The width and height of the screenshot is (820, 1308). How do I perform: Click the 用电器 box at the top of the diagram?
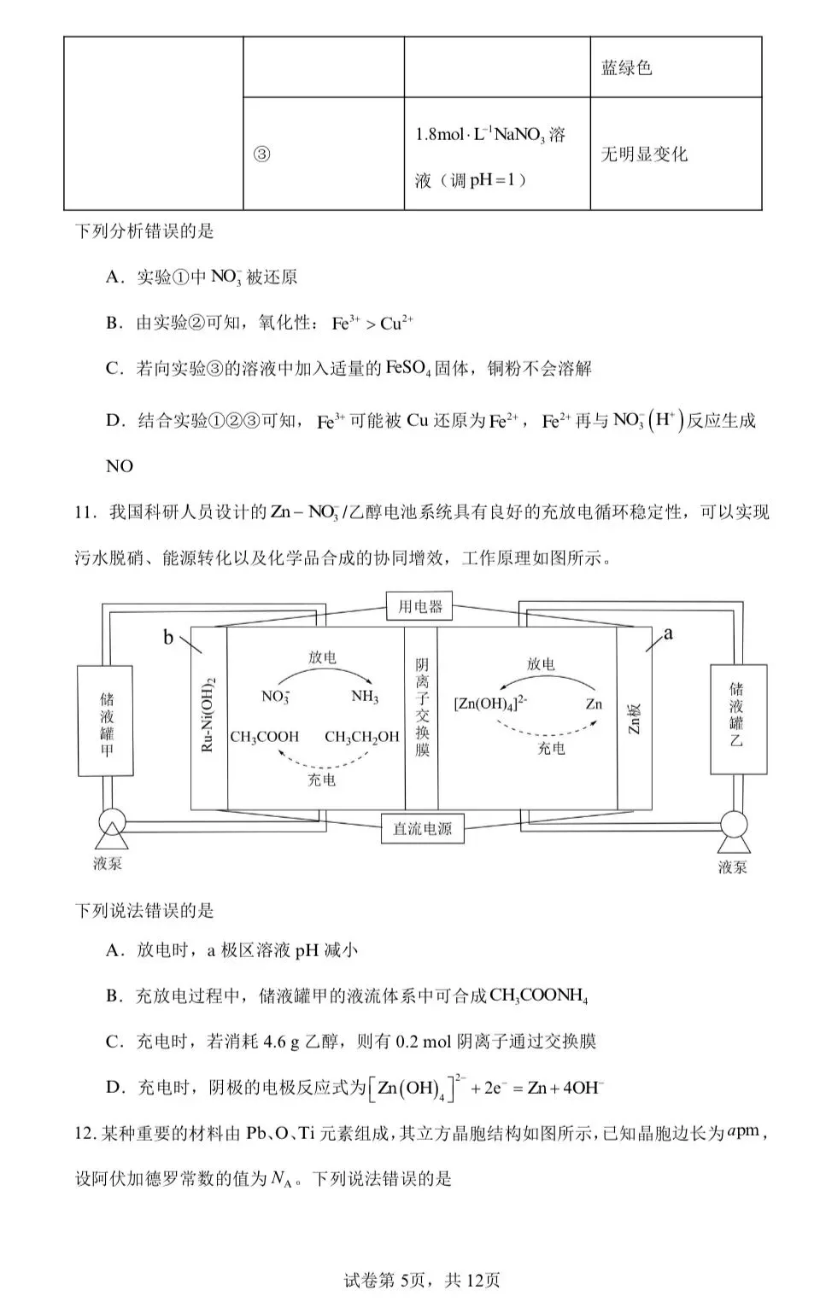[419, 607]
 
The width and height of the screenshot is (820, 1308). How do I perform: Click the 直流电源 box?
[422, 828]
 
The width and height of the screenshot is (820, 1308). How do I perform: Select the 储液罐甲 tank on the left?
[106, 721]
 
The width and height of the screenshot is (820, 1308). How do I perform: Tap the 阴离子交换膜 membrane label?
[422, 706]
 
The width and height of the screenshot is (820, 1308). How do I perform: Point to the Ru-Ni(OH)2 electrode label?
[208, 715]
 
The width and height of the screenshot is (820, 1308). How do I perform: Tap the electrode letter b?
[168, 638]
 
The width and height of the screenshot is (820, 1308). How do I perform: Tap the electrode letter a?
[668, 633]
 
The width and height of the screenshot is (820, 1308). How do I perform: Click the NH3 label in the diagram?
[365, 697]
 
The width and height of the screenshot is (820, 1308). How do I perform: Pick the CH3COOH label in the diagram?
[265, 737]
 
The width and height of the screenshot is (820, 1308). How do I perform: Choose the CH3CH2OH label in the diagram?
[362, 737]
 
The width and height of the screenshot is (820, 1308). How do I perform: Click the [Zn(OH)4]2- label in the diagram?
[490, 704]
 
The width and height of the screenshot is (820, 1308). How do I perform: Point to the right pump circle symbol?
[733, 826]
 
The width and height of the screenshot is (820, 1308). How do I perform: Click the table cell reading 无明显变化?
[644, 155]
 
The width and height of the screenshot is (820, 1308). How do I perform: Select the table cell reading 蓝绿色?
[627, 68]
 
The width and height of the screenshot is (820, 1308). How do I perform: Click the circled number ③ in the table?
[262, 155]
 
